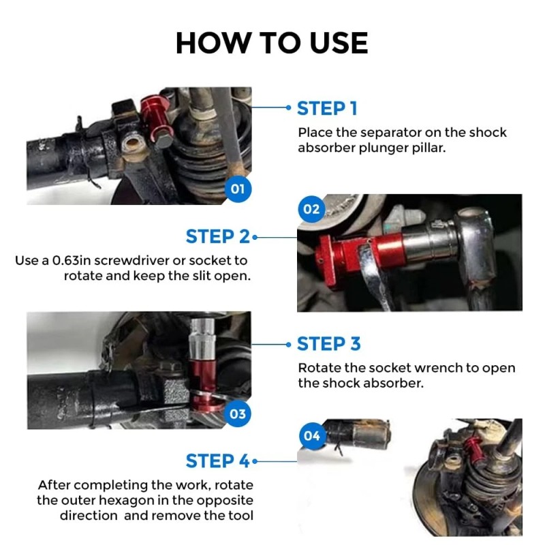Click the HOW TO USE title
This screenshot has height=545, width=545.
272,43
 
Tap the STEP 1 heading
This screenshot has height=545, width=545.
327,108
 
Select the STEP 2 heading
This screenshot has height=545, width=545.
218,236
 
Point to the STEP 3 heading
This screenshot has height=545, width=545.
329,344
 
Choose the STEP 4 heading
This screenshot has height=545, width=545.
218,461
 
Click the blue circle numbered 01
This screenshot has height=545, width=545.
238,189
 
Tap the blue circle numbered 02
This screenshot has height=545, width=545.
311,209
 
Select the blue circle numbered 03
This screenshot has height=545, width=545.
238,414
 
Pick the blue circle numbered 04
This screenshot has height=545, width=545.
312,436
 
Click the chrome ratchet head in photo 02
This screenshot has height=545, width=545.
476,243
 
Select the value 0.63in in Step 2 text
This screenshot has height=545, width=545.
71,261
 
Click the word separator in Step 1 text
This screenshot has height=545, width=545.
384,133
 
